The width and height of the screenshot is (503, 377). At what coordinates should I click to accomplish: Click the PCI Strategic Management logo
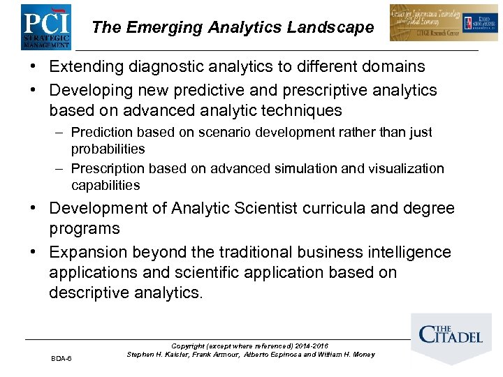point(45,27)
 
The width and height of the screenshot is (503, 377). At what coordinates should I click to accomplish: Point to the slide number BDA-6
point(61,358)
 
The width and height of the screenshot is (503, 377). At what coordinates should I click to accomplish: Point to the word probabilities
point(108,149)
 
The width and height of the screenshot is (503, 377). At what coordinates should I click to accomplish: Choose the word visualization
point(406,168)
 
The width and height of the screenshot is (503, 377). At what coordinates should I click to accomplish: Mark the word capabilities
point(105,185)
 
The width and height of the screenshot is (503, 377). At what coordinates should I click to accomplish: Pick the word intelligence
point(409,252)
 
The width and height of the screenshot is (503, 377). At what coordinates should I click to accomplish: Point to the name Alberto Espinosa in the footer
point(273,355)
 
